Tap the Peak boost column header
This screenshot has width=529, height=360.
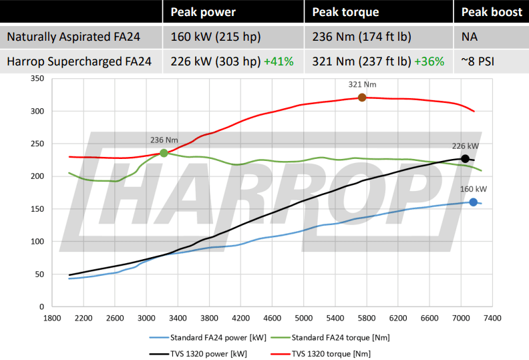pos(492,12)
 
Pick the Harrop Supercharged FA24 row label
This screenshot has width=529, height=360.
pos(79,62)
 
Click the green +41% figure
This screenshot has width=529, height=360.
pos(279,62)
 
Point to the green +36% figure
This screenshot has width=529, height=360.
pos(429,62)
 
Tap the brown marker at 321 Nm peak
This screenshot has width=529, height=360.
pos(362,98)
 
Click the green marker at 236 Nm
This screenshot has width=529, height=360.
pos(164,153)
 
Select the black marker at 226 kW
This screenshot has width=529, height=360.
pos(465,159)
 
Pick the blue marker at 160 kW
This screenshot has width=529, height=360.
pos(473,202)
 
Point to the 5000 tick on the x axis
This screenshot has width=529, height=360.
pos(303,319)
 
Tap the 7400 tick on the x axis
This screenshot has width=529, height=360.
pos(492,319)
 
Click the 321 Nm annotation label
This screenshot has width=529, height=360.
pos(361,85)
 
